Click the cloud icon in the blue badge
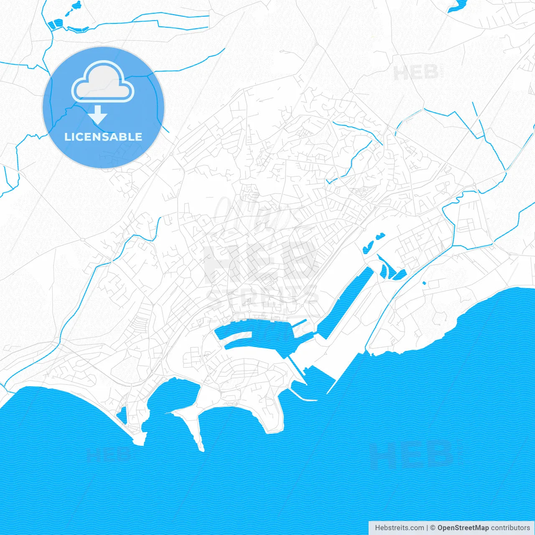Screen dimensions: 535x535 (103, 82)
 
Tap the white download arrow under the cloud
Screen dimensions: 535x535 (99, 115)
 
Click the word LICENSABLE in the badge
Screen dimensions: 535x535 (103, 137)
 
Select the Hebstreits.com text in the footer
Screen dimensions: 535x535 (399, 528)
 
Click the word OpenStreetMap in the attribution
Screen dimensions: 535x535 (463, 528)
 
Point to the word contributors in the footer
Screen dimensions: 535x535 (510, 528)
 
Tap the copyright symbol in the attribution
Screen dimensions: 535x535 (433, 528)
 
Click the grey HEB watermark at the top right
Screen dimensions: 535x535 (415, 73)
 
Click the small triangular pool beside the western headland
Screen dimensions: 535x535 (122, 415)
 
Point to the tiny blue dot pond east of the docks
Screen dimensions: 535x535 (424, 283)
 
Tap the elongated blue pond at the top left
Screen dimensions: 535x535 (56, 24)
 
